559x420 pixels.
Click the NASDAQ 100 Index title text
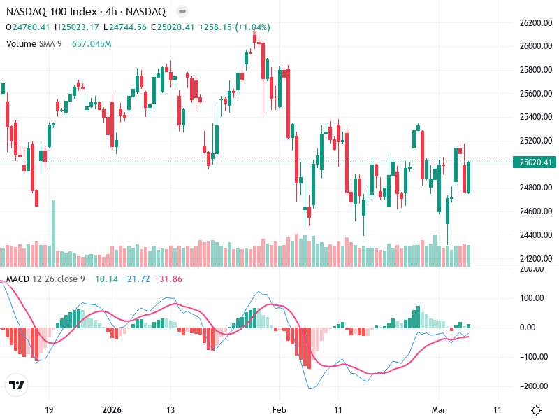coord(49,12)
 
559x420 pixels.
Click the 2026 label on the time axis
coord(112,409)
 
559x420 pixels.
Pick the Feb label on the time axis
coord(279,409)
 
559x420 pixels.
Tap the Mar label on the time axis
coord(438,409)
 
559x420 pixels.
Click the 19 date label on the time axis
coord(49,409)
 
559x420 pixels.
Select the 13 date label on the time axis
coord(170,409)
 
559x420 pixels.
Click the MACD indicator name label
coord(17,280)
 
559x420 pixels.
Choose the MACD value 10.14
coord(107,280)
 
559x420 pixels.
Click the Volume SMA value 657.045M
coord(92,44)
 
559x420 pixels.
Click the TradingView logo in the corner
coord(17,385)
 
